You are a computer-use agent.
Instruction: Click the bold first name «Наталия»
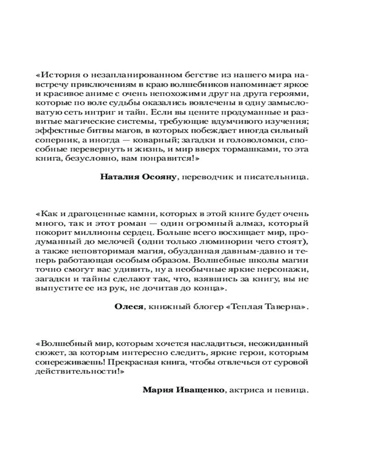(118, 178)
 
